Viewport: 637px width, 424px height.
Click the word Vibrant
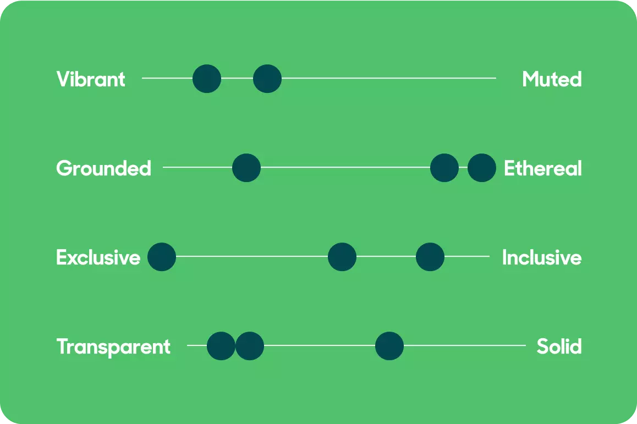[91, 79]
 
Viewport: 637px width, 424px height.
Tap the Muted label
[552, 79]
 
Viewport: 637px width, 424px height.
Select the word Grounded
[103, 168]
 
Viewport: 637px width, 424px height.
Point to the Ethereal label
[543, 168]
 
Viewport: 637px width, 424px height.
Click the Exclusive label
[98, 257]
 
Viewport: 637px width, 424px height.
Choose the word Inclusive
[542, 257]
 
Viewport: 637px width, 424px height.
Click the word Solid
[559, 346]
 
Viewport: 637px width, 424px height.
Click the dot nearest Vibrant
[207, 79]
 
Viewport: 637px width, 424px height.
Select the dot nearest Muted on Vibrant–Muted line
[267, 79]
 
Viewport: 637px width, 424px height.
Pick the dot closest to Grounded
[246, 168]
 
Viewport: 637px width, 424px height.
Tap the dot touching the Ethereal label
[482, 168]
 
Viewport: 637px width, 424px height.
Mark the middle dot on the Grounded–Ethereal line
[444, 168]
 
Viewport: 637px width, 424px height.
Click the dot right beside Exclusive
[162, 257]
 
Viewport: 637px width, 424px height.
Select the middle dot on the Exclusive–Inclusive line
[342, 257]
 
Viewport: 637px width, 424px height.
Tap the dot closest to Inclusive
[430, 257]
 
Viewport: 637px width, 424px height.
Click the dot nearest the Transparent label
[221, 346]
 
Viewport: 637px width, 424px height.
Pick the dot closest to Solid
[389, 346]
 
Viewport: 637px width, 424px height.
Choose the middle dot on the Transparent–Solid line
[250, 346]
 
